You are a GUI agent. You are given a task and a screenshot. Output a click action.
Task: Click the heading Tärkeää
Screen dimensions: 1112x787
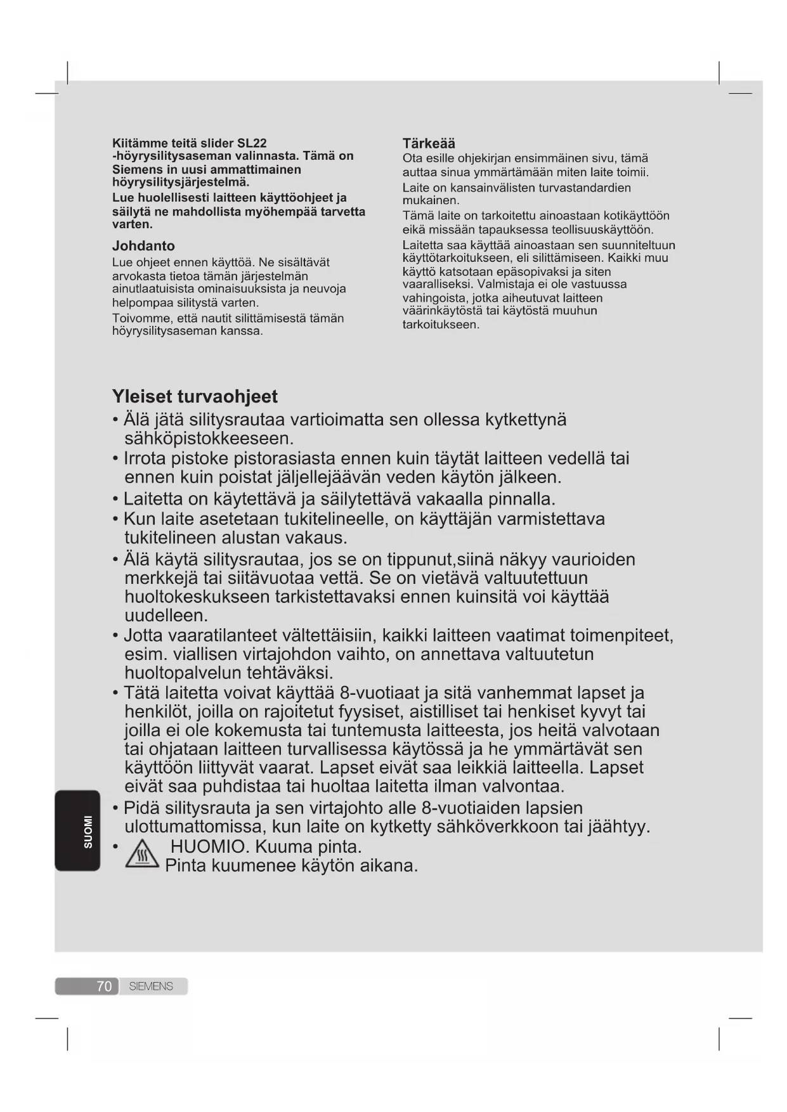[x=429, y=144]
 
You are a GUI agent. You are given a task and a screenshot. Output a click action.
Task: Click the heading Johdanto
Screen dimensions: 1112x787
[x=143, y=246]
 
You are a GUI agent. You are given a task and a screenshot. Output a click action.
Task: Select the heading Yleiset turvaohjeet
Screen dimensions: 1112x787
[x=195, y=397]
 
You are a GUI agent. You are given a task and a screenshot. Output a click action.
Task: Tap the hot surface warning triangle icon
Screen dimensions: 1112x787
[x=142, y=856]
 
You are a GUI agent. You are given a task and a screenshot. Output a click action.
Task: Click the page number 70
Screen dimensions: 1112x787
[x=104, y=986]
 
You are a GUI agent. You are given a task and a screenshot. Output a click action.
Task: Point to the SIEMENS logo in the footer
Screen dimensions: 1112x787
[x=151, y=986]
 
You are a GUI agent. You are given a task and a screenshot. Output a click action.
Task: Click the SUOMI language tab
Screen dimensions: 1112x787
[x=88, y=831]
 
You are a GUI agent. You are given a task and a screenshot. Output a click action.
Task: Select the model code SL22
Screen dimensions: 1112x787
[x=252, y=143]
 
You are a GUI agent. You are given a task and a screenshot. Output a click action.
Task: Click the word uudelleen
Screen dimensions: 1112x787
[x=166, y=616]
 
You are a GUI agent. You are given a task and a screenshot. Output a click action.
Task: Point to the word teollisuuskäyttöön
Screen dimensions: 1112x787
[x=602, y=229]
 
